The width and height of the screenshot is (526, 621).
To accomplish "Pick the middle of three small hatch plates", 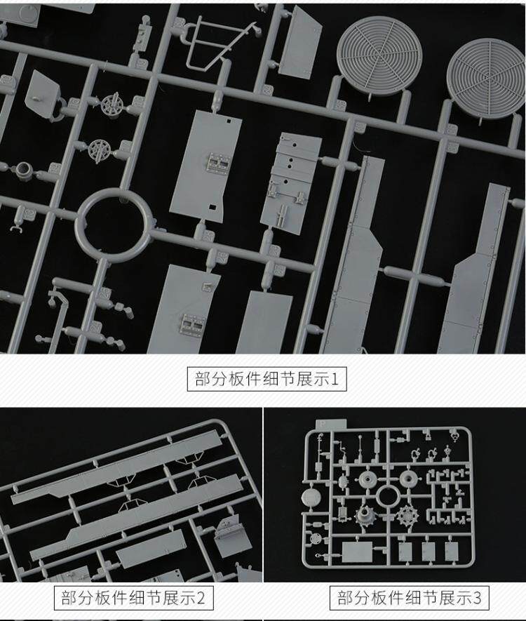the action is coord(429,552).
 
